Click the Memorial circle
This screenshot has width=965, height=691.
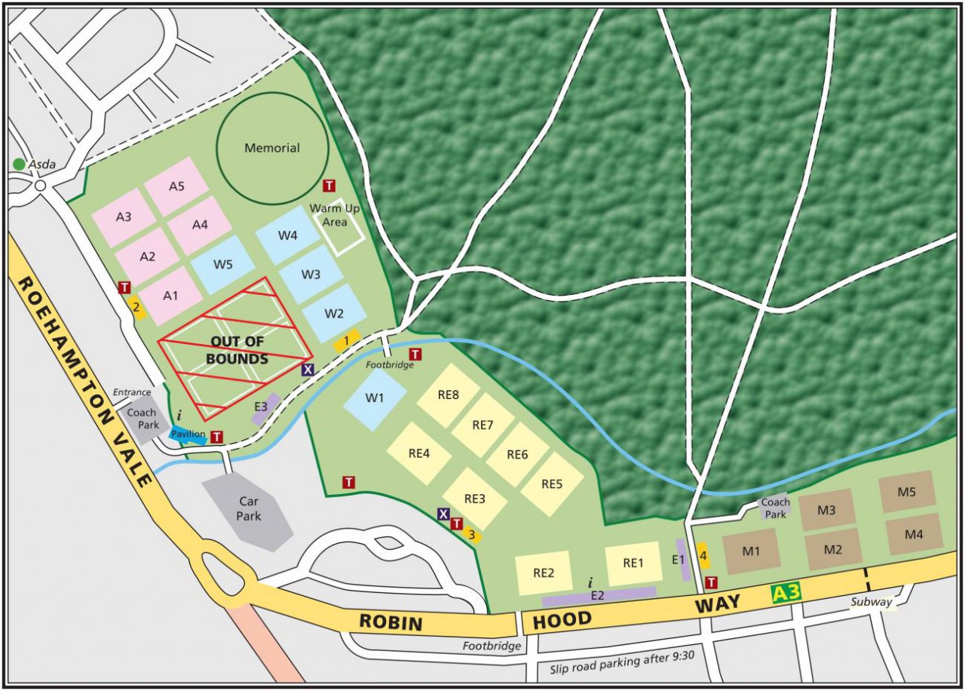[x=272, y=148]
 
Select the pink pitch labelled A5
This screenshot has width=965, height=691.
[x=176, y=186]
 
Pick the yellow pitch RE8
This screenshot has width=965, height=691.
[x=448, y=395]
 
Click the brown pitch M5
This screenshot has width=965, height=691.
[x=906, y=492]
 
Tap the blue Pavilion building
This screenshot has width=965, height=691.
[x=188, y=435]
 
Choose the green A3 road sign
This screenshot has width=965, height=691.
[x=786, y=594]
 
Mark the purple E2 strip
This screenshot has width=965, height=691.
[x=599, y=596]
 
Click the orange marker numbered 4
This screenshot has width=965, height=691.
[x=703, y=557]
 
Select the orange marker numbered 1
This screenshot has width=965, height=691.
[x=346, y=341]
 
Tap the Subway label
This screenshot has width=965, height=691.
[x=871, y=602]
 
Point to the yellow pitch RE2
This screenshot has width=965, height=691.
[x=544, y=573]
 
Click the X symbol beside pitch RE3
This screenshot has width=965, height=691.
[x=443, y=514]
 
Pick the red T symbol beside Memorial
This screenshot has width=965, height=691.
[x=329, y=186]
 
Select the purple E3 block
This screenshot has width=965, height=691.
[x=265, y=408]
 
